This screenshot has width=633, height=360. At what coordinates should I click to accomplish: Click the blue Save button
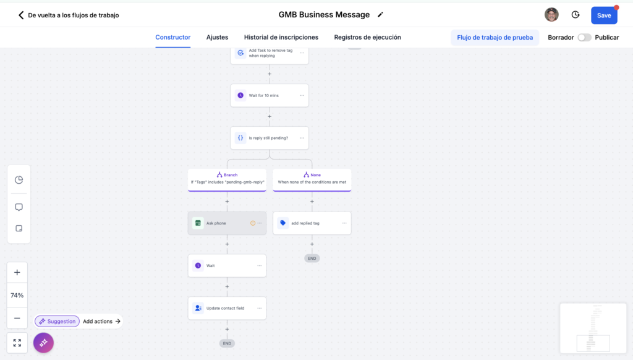tap(604, 15)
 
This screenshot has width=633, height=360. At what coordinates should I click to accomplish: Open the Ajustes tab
tap(217, 37)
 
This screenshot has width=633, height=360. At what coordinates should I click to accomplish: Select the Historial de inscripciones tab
tap(281, 37)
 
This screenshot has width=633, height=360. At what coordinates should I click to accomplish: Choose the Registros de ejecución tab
tap(367, 37)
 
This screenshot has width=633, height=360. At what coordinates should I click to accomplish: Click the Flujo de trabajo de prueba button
tap(495, 38)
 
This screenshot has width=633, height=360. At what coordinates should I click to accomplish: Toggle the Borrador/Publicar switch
tap(584, 38)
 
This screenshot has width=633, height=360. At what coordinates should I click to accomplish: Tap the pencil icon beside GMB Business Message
tap(380, 15)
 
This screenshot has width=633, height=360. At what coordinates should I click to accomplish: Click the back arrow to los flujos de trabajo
tap(21, 15)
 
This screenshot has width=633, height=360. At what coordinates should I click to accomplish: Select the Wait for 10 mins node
tap(270, 95)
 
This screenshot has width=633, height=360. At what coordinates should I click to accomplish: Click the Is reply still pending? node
tap(270, 138)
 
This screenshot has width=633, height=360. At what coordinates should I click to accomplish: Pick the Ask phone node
tap(227, 223)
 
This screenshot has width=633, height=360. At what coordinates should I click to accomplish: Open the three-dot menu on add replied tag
tap(344, 223)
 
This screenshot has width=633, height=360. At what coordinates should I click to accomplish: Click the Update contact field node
tap(227, 308)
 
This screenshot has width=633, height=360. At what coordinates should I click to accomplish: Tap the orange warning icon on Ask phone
tap(253, 223)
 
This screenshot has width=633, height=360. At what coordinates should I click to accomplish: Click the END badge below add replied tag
tap(312, 258)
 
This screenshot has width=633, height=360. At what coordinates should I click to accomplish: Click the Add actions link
tap(102, 321)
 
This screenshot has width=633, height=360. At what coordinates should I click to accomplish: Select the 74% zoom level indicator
tap(17, 295)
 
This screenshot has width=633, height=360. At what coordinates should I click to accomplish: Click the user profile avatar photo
tap(551, 15)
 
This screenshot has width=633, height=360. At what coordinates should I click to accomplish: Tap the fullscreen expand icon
tap(17, 343)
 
